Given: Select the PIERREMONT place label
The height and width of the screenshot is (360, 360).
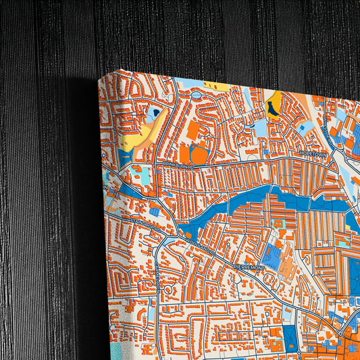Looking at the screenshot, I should tap(249, 268).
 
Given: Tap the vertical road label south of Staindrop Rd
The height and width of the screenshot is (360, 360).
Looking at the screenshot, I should tap(156, 277).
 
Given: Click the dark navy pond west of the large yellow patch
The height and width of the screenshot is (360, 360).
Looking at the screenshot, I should tap(156, 113).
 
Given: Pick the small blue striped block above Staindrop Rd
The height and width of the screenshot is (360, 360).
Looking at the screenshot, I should tap(155, 211).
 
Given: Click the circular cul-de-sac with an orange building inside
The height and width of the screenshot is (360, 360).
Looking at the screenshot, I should tap(168, 290).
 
